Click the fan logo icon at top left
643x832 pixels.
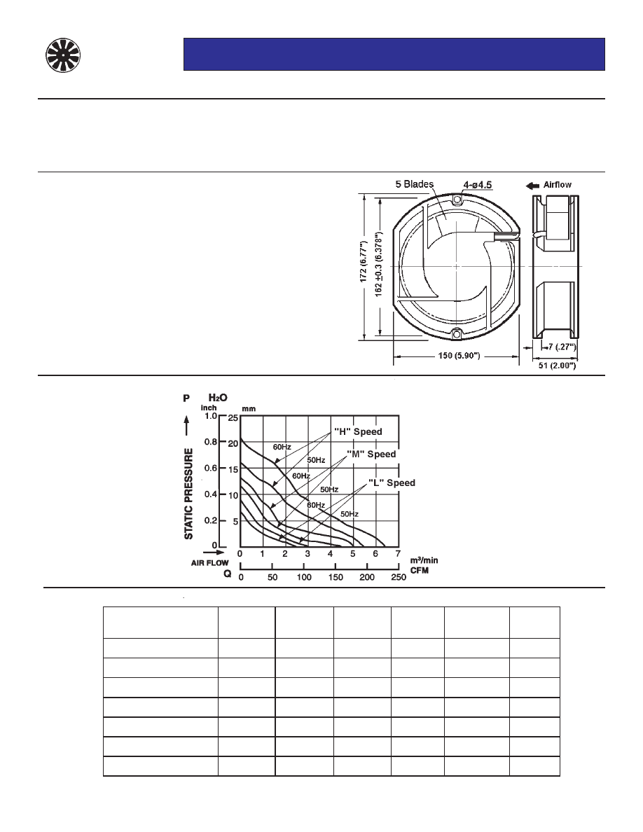[62, 55]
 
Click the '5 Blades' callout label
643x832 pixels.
[415, 184]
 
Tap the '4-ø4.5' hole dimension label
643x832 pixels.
[478, 185]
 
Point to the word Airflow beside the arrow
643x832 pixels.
[557, 185]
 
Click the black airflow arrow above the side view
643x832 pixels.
[532, 185]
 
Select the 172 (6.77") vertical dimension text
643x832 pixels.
[364, 261]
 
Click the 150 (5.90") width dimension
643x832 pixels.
[459, 356]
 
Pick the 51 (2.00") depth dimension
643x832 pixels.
[557, 366]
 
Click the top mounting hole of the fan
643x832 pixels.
[457, 199]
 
